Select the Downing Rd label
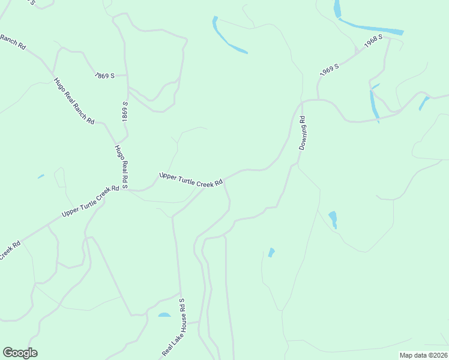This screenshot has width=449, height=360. [303, 133]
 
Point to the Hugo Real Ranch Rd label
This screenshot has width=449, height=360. [74, 101]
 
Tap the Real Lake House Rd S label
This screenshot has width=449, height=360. [174, 328]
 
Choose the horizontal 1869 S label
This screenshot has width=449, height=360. [105, 76]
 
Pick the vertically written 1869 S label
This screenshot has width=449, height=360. [125, 112]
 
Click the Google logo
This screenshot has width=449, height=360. [20, 353]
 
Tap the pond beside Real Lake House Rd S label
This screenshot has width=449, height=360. [164, 314]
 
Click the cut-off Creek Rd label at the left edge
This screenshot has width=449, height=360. [10, 250]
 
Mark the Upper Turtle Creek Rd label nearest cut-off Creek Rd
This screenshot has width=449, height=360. [90, 202]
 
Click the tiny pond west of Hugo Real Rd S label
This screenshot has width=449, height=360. [40, 176]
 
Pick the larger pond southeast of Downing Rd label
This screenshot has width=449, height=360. [333, 219]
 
